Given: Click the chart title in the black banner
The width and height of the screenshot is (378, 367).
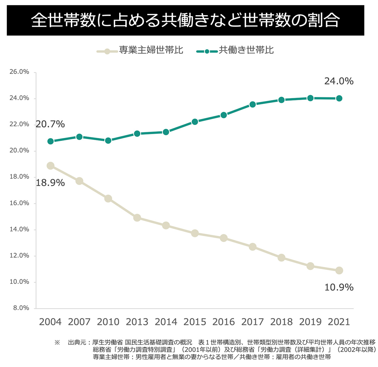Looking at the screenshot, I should pos(185,20).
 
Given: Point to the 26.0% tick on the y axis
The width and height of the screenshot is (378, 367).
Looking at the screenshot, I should pos(19,72).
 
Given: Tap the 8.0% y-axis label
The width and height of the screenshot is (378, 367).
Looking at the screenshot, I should pos(21,308).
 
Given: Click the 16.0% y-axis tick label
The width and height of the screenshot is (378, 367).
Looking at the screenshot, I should pos(19,203).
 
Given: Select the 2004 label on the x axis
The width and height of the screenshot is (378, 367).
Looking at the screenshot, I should pos(50,322).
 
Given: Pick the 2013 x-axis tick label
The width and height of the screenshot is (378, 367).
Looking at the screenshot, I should pos(137,322).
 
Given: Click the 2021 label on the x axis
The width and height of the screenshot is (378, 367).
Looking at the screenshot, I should pos(339,322).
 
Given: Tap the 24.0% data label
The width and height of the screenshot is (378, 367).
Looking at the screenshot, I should pos(339,81).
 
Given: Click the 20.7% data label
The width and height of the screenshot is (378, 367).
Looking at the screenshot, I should pos(50,124).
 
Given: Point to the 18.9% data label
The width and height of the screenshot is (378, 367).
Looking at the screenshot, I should pos(50,183).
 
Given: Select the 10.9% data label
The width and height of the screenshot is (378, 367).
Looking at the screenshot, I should pos(339,287).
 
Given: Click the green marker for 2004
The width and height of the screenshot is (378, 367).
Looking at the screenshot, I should pos(50,141).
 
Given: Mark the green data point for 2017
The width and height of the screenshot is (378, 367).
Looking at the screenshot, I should pos(253,104).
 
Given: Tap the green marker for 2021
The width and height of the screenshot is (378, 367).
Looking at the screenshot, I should pos(339,98).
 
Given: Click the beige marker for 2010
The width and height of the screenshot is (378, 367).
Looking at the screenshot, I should pos(108,199).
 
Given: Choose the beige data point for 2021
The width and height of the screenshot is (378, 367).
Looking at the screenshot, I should pos(339,270).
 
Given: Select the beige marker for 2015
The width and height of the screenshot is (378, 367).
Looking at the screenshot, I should pos(195,233).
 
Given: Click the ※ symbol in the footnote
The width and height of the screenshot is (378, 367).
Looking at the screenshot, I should pos(57,342).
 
